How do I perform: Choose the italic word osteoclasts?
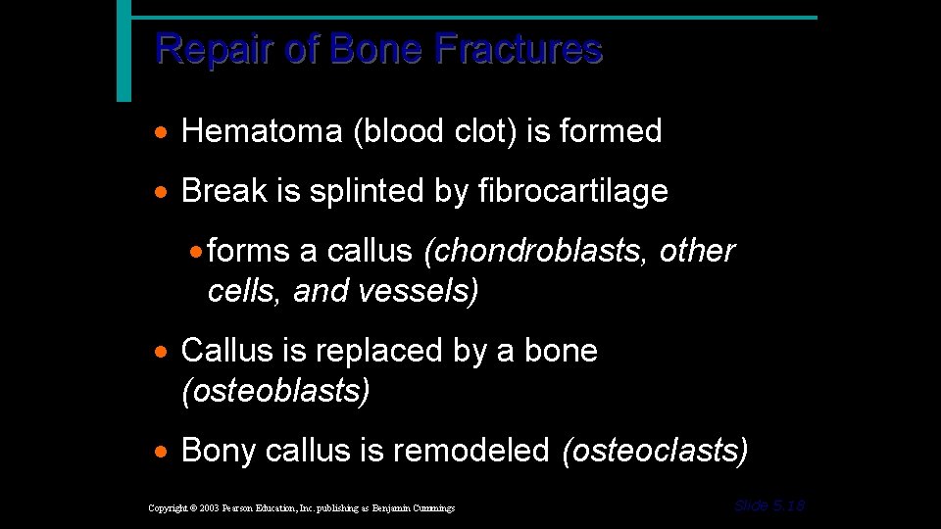(656, 451)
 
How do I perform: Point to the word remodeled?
(470, 451)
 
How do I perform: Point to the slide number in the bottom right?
(769, 505)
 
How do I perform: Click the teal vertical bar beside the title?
(124, 51)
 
